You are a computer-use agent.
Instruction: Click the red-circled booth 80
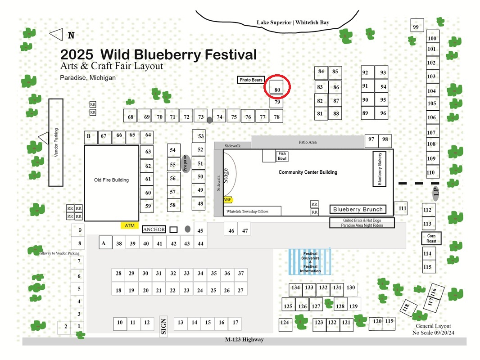(276, 87)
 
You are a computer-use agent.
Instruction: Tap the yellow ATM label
(130, 226)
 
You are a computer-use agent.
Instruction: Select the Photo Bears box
(251, 80)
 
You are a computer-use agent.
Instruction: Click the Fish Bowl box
(282, 156)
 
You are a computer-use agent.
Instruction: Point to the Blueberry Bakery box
(379, 169)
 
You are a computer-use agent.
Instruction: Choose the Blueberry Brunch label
(358, 210)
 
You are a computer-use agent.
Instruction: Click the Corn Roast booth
(431, 238)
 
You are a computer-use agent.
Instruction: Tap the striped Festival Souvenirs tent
(310, 262)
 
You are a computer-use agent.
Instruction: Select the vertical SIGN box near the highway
(163, 326)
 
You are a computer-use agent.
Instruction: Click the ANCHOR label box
(154, 229)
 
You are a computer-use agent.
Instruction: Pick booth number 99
(417, 25)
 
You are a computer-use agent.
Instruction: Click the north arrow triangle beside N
(56, 35)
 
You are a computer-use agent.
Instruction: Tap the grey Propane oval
(186, 164)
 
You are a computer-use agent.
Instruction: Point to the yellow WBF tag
(227, 200)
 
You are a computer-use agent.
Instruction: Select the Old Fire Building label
(111, 180)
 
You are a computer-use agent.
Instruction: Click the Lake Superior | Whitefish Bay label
(293, 22)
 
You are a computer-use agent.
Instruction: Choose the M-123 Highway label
(245, 339)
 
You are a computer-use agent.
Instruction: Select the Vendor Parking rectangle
(56, 143)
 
